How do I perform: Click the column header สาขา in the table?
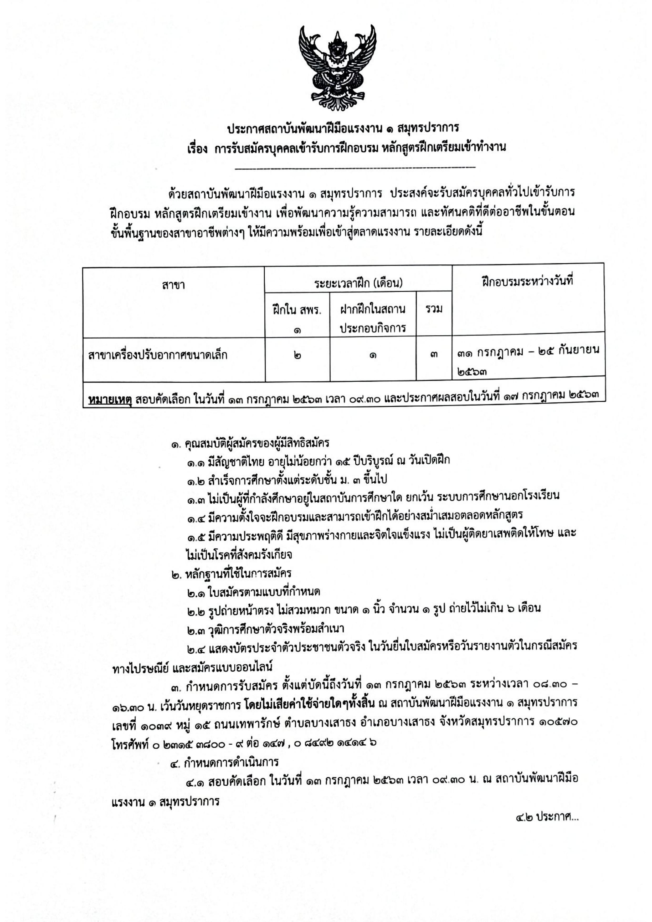[173, 285]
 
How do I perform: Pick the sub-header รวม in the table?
[434, 309]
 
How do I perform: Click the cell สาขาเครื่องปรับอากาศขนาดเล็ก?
[158, 355]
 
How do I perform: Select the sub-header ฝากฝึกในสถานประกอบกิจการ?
[373, 319]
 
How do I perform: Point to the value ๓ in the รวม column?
[434, 355]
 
